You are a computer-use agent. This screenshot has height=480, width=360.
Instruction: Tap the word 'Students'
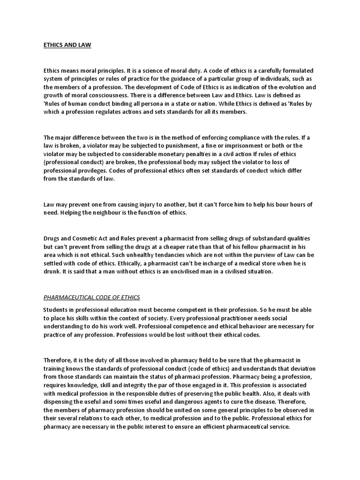(57, 310)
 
